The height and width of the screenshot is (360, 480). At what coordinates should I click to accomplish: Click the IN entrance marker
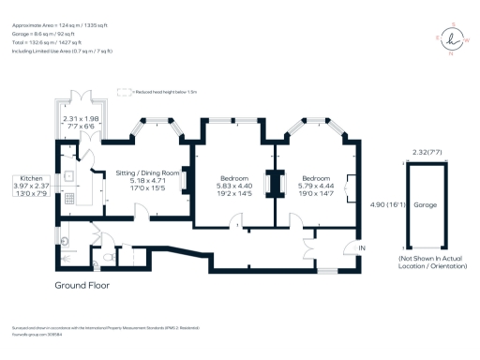pos(362,247)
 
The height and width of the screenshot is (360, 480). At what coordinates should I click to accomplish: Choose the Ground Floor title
pos(83,284)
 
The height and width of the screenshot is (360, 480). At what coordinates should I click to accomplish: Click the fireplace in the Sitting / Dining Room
pos(186,179)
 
